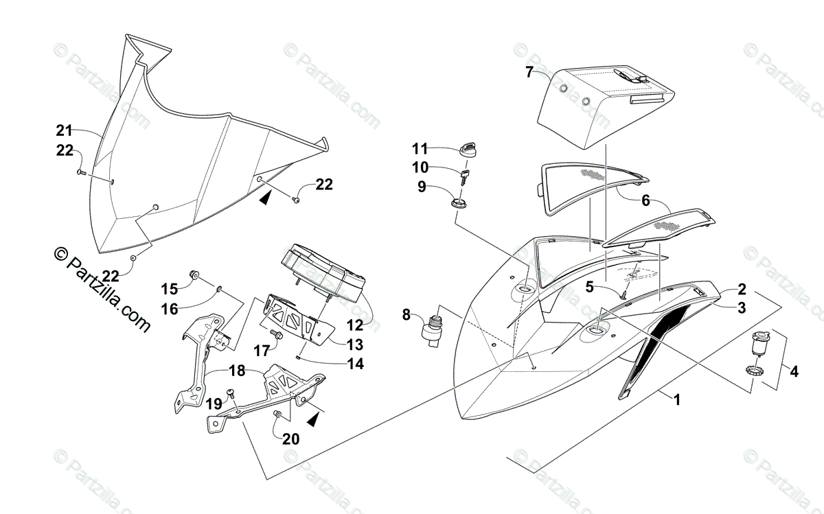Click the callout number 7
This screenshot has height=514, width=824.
click(529, 71)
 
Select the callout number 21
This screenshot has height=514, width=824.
click(65, 130)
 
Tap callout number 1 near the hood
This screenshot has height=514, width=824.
click(676, 399)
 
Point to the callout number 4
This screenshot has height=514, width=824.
click(794, 372)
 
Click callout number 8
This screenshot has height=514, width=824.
click(407, 315)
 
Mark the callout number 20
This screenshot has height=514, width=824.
click(291, 439)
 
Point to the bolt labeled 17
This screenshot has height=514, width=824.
click(277, 335)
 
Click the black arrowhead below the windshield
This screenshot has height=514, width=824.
click(265, 198)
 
